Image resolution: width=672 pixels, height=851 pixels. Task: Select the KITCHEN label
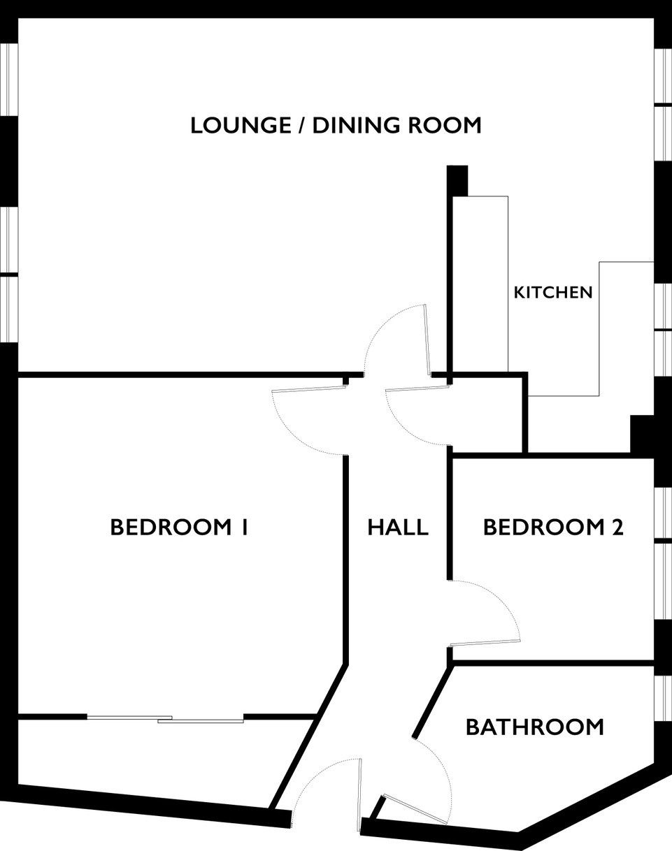click(x=553, y=293)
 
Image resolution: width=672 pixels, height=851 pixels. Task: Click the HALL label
click(x=398, y=527)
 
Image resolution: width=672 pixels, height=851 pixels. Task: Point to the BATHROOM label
click(x=535, y=727)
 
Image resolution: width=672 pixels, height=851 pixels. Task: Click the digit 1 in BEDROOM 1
click(x=245, y=527)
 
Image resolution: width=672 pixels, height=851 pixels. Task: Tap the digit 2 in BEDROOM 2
click(x=617, y=527)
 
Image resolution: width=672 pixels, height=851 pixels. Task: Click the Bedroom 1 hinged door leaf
click(x=308, y=388)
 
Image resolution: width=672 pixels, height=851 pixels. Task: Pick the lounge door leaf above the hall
click(x=427, y=340)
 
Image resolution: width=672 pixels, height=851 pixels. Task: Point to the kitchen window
click(x=663, y=330)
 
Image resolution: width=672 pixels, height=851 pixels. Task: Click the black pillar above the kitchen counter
click(x=457, y=181)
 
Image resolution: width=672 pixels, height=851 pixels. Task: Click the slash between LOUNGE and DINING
click(x=302, y=126)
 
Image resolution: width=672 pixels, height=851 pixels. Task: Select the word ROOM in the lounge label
click(x=445, y=125)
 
